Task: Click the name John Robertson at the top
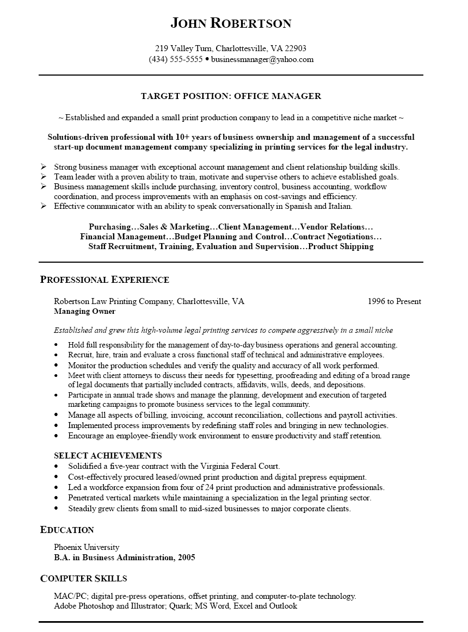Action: [231, 23]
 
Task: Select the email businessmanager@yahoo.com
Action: [262, 59]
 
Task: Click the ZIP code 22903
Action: [295, 47]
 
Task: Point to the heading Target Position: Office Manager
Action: [231, 96]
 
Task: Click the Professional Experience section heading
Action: [104, 280]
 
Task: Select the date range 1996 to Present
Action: [394, 301]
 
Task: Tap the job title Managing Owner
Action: [84, 312]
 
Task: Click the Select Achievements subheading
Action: [108, 455]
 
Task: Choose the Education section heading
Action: [67, 530]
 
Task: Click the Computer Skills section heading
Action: [84, 579]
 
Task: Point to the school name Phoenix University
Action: [87, 547]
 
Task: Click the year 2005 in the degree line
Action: [186, 557]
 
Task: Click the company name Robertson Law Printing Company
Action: [114, 301]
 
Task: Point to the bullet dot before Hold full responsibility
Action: [57, 345]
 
